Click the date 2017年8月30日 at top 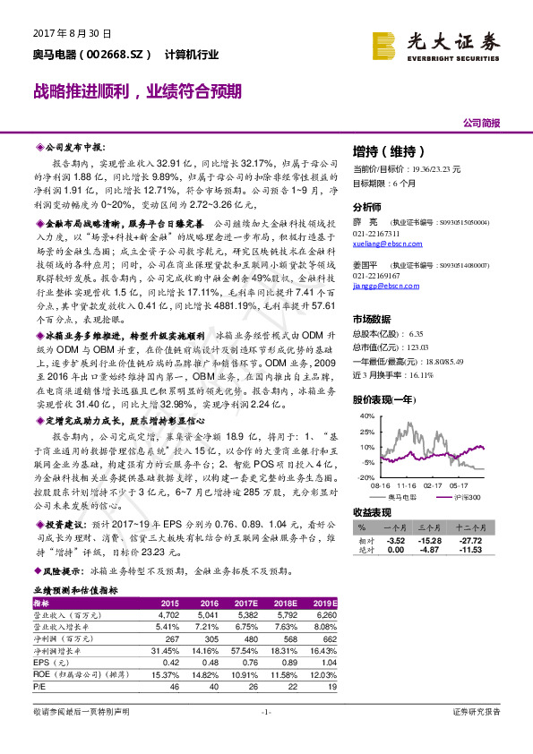pyautogui.click(x=59, y=33)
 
